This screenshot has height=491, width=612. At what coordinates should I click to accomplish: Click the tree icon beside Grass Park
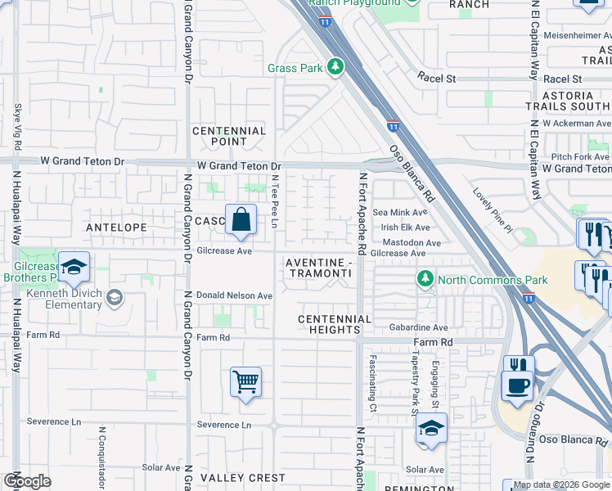coord(335,67)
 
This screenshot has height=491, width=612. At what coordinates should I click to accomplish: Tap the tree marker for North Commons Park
coord(425,280)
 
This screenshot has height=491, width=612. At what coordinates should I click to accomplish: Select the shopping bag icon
coord(241,219)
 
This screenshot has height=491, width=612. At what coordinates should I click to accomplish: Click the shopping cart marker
coord(245,381)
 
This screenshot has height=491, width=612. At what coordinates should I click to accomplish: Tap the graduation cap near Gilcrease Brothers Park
coord(74,268)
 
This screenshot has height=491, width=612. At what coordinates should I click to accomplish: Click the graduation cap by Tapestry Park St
coord(431,428)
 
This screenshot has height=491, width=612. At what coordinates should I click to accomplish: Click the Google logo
coord(26,480)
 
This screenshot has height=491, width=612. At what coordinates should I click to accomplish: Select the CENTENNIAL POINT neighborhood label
coord(229,136)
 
